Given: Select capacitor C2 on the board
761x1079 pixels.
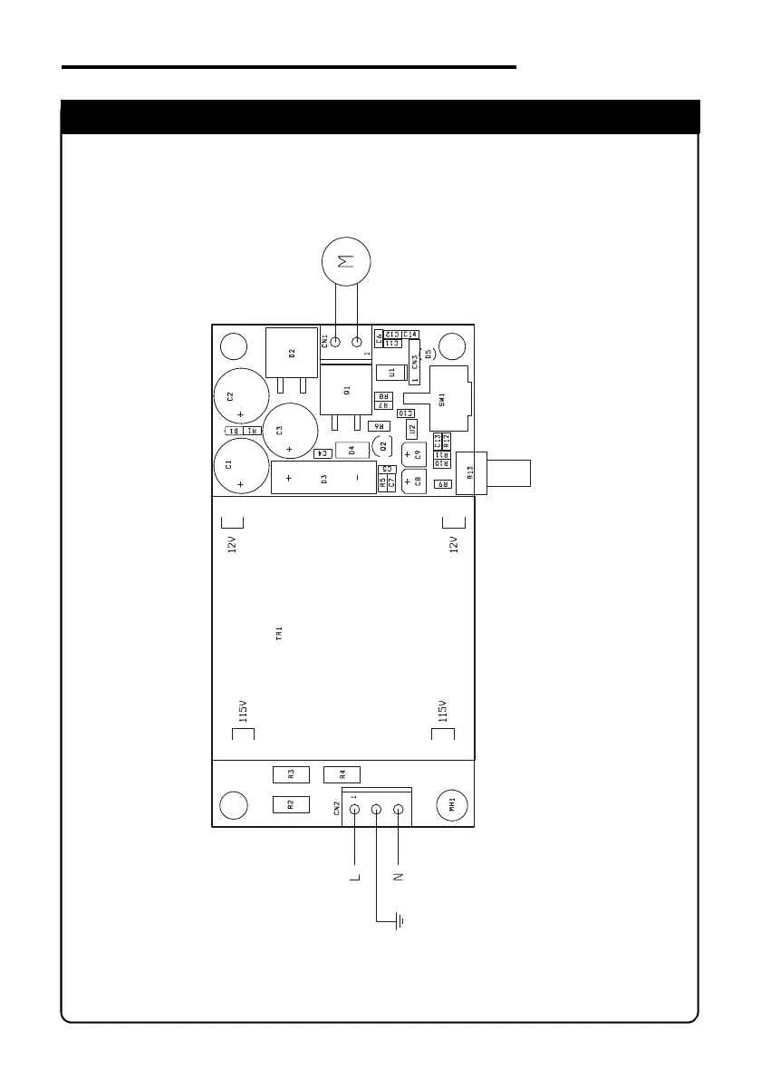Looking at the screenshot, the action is (x=241, y=396).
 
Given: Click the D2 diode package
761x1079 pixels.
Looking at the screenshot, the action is (x=291, y=353).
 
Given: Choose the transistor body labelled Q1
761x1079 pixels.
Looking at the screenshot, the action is (x=347, y=390).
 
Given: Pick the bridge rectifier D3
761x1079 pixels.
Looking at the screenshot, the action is (x=323, y=478).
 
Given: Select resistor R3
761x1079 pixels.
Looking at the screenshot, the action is (x=292, y=774).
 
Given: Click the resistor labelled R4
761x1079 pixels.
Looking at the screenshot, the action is (x=342, y=774).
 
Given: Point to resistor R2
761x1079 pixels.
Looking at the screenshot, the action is (x=292, y=804).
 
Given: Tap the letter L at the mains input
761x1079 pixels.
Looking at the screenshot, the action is (x=354, y=878).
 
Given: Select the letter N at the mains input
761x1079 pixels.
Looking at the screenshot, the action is (x=399, y=878).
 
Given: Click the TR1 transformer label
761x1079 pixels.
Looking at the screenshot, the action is (x=280, y=633).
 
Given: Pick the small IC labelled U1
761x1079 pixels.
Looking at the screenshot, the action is (x=391, y=373).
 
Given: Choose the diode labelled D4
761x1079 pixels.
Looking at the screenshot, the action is (x=352, y=450).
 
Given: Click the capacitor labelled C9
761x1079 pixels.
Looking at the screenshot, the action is (x=413, y=455).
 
